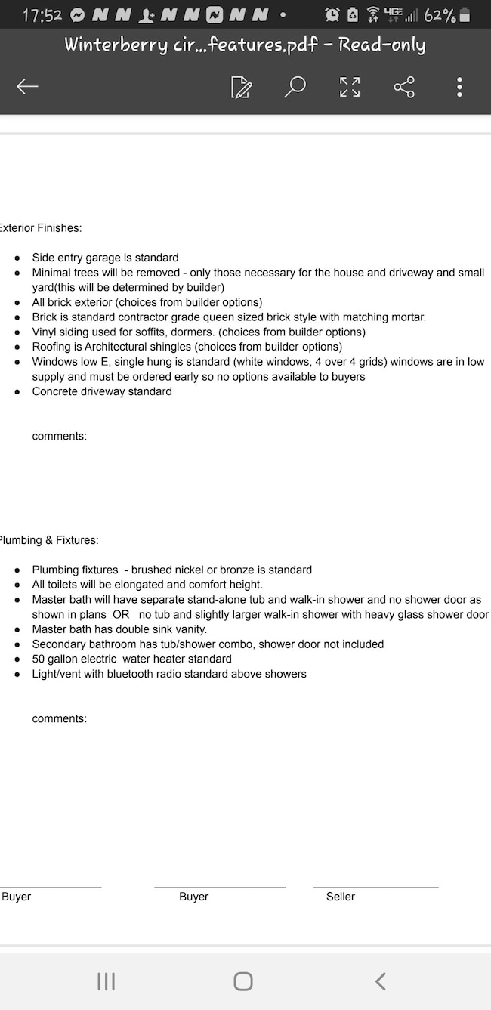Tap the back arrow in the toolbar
tap(27, 88)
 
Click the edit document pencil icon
tap(241, 88)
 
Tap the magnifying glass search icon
tap(295, 87)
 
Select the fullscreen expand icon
tap(350, 88)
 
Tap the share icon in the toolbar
tap(404, 88)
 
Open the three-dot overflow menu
tap(459, 88)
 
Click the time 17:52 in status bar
tap(42, 15)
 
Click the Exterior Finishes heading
tap(41, 227)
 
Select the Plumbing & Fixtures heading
tap(49, 540)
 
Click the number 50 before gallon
tap(39, 659)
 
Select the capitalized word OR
tap(121, 614)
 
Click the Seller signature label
tap(341, 897)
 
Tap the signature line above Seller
tap(375, 887)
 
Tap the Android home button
tap(243, 981)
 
